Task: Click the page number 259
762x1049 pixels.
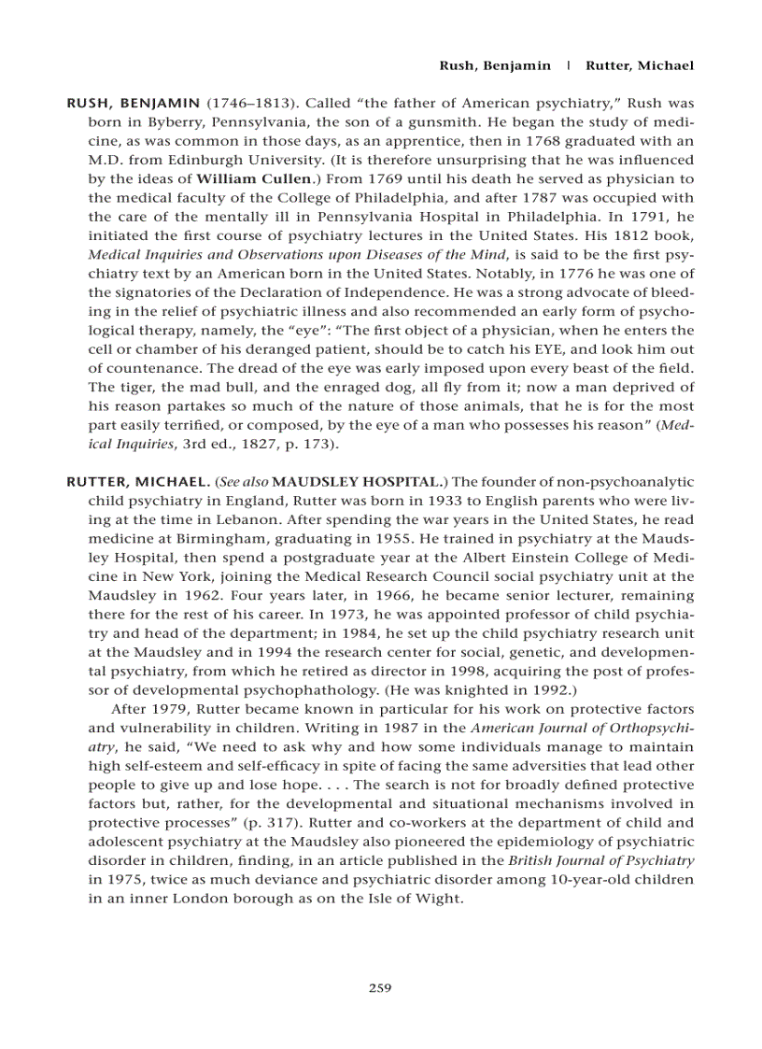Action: tap(380, 988)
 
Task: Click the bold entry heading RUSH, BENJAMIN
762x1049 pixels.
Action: tap(133, 102)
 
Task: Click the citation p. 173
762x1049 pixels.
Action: tap(310, 444)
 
